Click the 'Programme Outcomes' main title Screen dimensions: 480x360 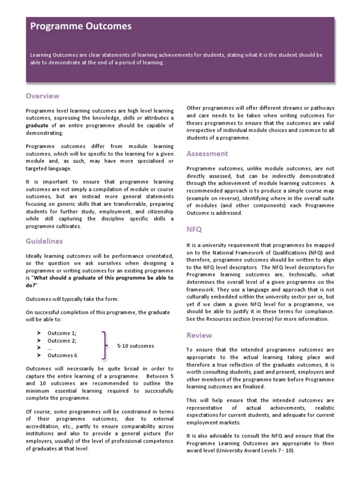tap(81, 27)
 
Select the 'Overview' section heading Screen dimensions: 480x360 tap(42, 96)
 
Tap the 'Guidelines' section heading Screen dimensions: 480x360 tap(44, 241)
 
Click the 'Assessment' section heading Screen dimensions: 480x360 tap(207, 153)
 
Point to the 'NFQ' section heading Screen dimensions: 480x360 tap(194, 230)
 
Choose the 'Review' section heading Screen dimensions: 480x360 tap(199, 335)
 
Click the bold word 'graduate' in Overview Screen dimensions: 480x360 tap(38, 125)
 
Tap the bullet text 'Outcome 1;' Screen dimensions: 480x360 tap(62, 333)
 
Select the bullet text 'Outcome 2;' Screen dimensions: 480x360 tap(62, 340)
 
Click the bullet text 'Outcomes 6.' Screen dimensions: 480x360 tap(63, 355)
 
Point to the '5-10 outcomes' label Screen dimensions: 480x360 tap(135, 346)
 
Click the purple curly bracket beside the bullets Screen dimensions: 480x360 tap(106, 344)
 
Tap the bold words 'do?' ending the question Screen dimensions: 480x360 tap(31, 285)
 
